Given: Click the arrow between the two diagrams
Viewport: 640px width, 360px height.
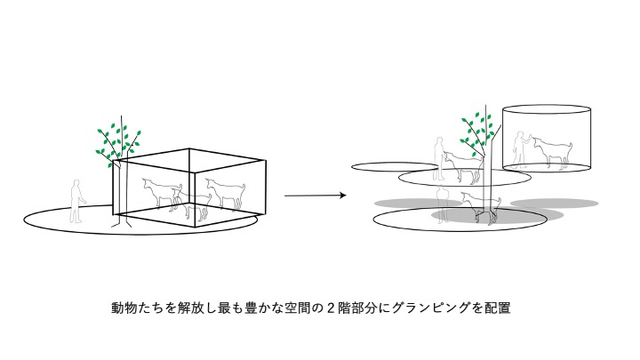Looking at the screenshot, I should click(315, 195).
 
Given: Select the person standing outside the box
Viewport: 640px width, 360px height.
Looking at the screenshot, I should click(76, 201).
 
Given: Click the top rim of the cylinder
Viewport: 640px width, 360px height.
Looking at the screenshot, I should click(547, 108).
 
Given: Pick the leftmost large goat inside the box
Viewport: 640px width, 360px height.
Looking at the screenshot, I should click(163, 190).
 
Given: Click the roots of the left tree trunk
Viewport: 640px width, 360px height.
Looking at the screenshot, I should click(117, 222).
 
